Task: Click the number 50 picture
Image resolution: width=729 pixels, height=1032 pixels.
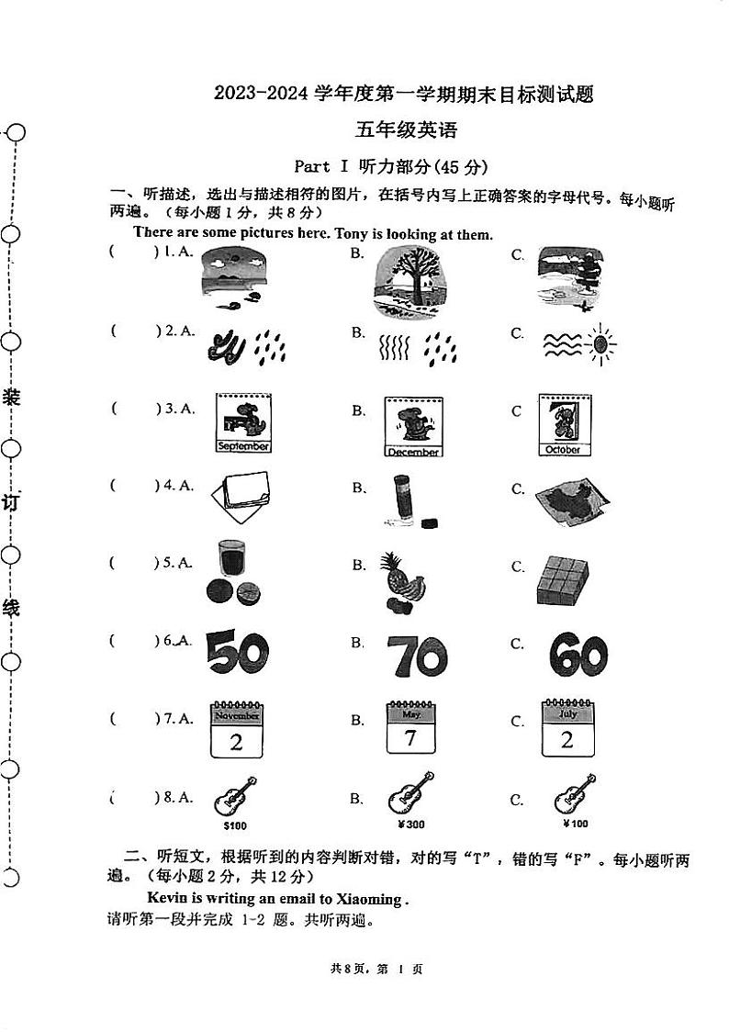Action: (237, 653)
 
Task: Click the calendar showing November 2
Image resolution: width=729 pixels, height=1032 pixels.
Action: (237, 731)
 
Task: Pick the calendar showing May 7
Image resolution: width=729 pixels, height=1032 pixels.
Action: (410, 731)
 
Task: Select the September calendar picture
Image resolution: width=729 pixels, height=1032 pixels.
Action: (243, 423)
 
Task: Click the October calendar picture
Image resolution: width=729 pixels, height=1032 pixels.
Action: (564, 424)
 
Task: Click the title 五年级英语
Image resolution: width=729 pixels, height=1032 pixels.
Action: (406, 130)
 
